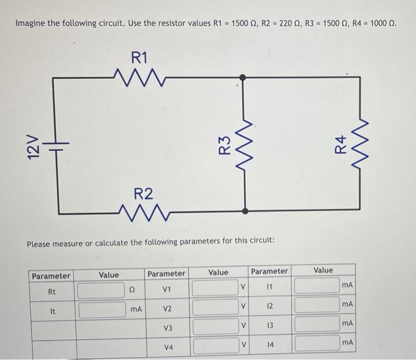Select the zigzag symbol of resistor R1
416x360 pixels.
(141, 77)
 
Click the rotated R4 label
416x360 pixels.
(340, 144)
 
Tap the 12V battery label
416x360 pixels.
(34, 145)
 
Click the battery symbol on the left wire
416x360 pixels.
(58, 144)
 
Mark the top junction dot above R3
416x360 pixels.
(244, 77)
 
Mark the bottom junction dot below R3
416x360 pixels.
(244, 210)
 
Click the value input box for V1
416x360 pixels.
(213, 288)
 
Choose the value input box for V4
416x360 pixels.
(213, 346)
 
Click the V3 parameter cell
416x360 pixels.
(168, 327)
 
